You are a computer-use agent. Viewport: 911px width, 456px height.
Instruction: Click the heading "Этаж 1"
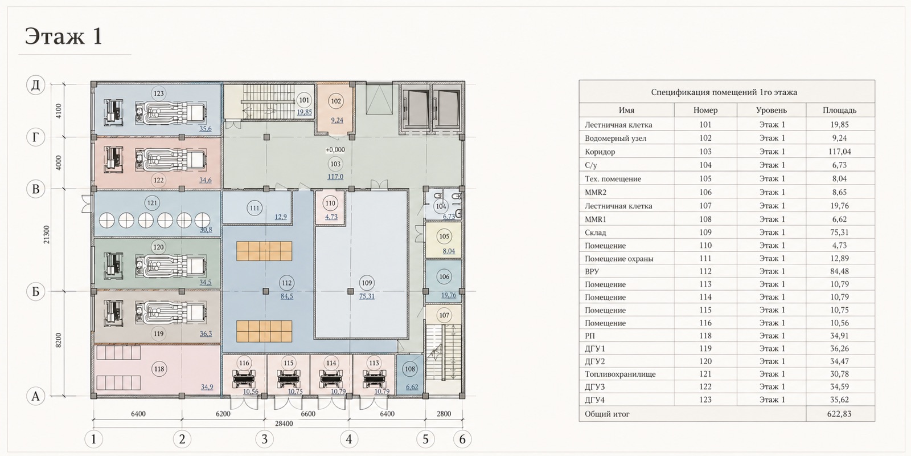63,36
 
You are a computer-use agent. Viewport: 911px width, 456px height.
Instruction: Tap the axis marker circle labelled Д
36,85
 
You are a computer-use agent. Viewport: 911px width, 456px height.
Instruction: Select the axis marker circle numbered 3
264,439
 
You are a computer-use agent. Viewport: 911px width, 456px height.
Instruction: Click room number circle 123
158,93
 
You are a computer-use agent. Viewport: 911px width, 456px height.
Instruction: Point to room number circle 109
367,283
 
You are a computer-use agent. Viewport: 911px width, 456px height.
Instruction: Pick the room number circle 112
286,283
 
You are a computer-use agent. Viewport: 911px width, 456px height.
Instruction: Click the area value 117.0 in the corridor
335,177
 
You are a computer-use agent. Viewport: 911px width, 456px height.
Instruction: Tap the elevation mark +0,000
335,150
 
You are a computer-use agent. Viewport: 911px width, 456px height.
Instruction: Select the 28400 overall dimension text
284,424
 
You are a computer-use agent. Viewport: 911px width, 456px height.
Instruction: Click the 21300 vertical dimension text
47,235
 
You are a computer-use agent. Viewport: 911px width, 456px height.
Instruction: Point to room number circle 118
159,369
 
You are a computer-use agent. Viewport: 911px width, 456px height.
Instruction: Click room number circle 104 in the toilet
441,206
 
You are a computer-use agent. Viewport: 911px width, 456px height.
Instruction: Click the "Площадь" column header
839,111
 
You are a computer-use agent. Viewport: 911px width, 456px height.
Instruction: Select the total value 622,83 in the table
839,414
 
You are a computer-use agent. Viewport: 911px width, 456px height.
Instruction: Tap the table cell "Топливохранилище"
620,374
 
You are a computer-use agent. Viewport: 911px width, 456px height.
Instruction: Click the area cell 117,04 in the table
839,152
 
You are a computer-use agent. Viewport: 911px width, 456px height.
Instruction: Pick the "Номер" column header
705,111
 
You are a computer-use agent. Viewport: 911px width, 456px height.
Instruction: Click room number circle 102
336,101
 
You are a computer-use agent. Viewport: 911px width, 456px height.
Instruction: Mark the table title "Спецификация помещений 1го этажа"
724,92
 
